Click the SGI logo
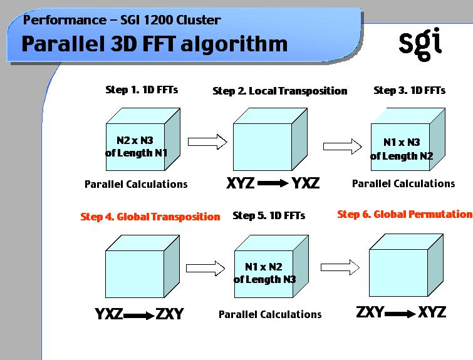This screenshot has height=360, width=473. click(x=420, y=43)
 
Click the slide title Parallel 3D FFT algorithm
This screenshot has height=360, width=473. click(x=155, y=44)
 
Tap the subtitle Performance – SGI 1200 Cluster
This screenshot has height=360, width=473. click(x=122, y=20)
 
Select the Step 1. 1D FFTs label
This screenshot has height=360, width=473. click(x=141, y=90)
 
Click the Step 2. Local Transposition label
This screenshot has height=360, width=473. click(x=279, y=91)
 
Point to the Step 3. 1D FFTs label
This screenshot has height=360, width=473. click(x=409, y=90)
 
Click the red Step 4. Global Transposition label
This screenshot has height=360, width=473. click(x=150, y=217)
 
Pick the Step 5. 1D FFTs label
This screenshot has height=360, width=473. click(x=269, y=216)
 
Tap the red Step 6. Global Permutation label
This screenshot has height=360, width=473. click(x=405, y=214)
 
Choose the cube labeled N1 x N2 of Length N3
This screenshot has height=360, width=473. click(x=265, y=272)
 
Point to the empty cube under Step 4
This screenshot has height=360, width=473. click(x=135, y=269)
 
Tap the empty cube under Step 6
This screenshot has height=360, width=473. click(x=400, y=269)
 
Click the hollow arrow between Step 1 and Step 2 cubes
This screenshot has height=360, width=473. click(x=207, y=141)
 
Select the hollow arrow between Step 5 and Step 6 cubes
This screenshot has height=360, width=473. click(x=340, y=267)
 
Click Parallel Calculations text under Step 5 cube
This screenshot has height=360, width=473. click(x=270, y=314)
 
